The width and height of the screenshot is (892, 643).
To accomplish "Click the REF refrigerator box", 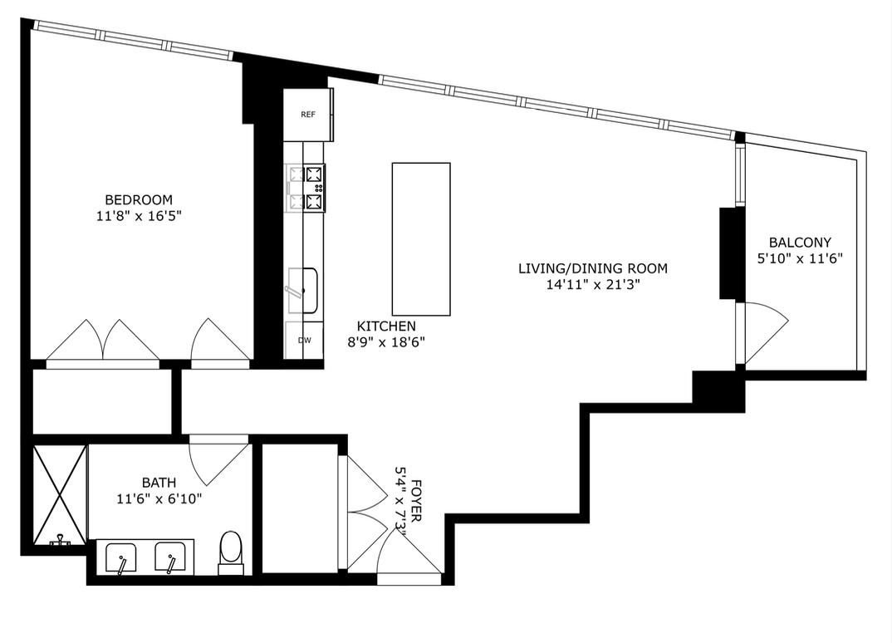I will [308, 114].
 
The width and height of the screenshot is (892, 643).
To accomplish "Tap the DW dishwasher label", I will [304, 341].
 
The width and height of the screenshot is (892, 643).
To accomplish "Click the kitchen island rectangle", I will [421, 238].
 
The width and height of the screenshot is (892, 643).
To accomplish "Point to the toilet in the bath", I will [229, 551].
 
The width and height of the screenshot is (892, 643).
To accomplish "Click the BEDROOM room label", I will [139, 199].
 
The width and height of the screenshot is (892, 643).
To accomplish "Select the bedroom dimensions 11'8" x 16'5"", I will [139, 216].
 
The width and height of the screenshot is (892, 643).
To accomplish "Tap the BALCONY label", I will [800, 243].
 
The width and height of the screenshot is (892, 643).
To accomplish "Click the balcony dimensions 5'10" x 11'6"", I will [800, 258].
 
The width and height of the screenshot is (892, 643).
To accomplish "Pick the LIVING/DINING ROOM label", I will [593, 268].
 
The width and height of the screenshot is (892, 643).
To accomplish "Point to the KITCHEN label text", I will [386, 326].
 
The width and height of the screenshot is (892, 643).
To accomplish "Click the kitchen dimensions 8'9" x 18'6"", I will [386, 341].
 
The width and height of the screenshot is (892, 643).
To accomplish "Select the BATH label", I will [159, 482].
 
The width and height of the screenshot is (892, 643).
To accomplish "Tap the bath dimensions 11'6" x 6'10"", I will [159, 498].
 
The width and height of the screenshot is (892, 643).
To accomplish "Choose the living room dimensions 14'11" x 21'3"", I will [593, 284].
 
